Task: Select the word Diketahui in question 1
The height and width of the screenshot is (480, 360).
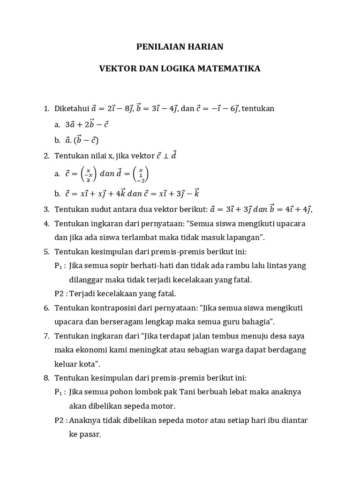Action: pyautogui.click(x=70, y=109)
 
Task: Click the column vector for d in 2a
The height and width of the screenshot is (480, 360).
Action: pyautogui.click(x=141, y=174)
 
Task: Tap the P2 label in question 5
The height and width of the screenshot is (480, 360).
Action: pyautogui.click(x=59, y=293)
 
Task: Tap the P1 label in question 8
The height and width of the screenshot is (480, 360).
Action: pyautogui.click(x=59, y=392)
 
